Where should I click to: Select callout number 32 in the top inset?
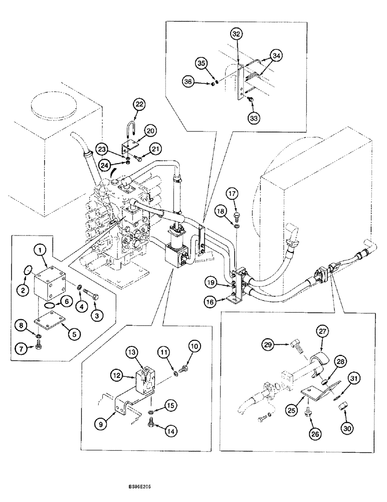point(237,34)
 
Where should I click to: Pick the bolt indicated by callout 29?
point(295,345)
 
